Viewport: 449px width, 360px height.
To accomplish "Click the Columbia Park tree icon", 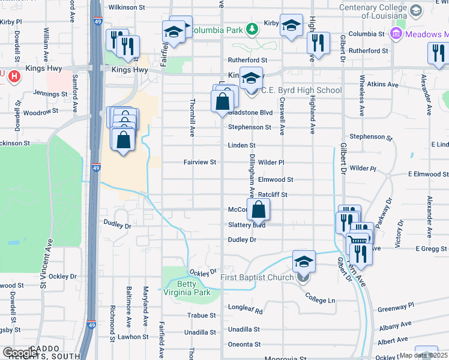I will (x=253, y=29).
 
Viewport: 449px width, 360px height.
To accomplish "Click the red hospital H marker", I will (x=14, y=76).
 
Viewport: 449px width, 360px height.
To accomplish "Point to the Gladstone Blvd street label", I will (x=250, y=112).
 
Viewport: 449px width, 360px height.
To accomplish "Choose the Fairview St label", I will (x=199, y=162).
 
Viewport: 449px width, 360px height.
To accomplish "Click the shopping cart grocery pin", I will (x=358, y=240).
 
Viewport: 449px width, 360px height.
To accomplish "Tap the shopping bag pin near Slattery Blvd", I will (x=258, y=209).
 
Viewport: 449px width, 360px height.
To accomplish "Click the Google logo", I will (x=20, y=352).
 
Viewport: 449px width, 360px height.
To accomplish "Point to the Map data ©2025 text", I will (x=423, y=355).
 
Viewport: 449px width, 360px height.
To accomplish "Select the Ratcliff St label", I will (x=273, y=194).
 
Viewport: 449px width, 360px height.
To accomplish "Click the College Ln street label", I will (x=319, y=298).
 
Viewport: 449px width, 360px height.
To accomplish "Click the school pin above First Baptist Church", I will (x=304, y=261).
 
